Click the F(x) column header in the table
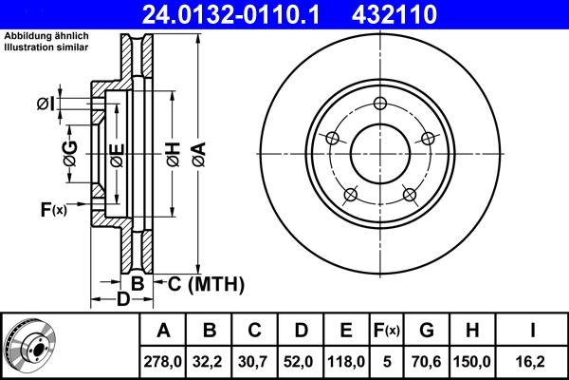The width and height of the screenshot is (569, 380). click(387, 331)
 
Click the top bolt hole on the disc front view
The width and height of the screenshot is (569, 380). click(380, 104)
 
